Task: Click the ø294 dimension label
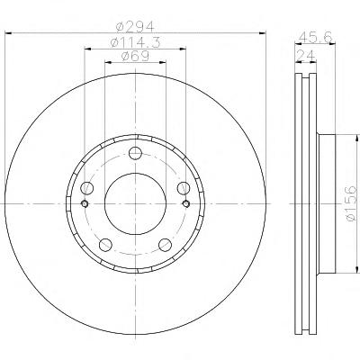(135, 28)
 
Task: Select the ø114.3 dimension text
(135, 42)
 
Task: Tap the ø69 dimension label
(135, 56)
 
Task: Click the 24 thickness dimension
(306, 55)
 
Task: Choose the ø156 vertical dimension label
(351, 203)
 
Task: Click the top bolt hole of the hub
(135, 153)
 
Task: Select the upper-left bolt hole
(87, 188)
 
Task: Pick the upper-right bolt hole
(184, 188)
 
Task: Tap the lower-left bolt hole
(105, 245)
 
